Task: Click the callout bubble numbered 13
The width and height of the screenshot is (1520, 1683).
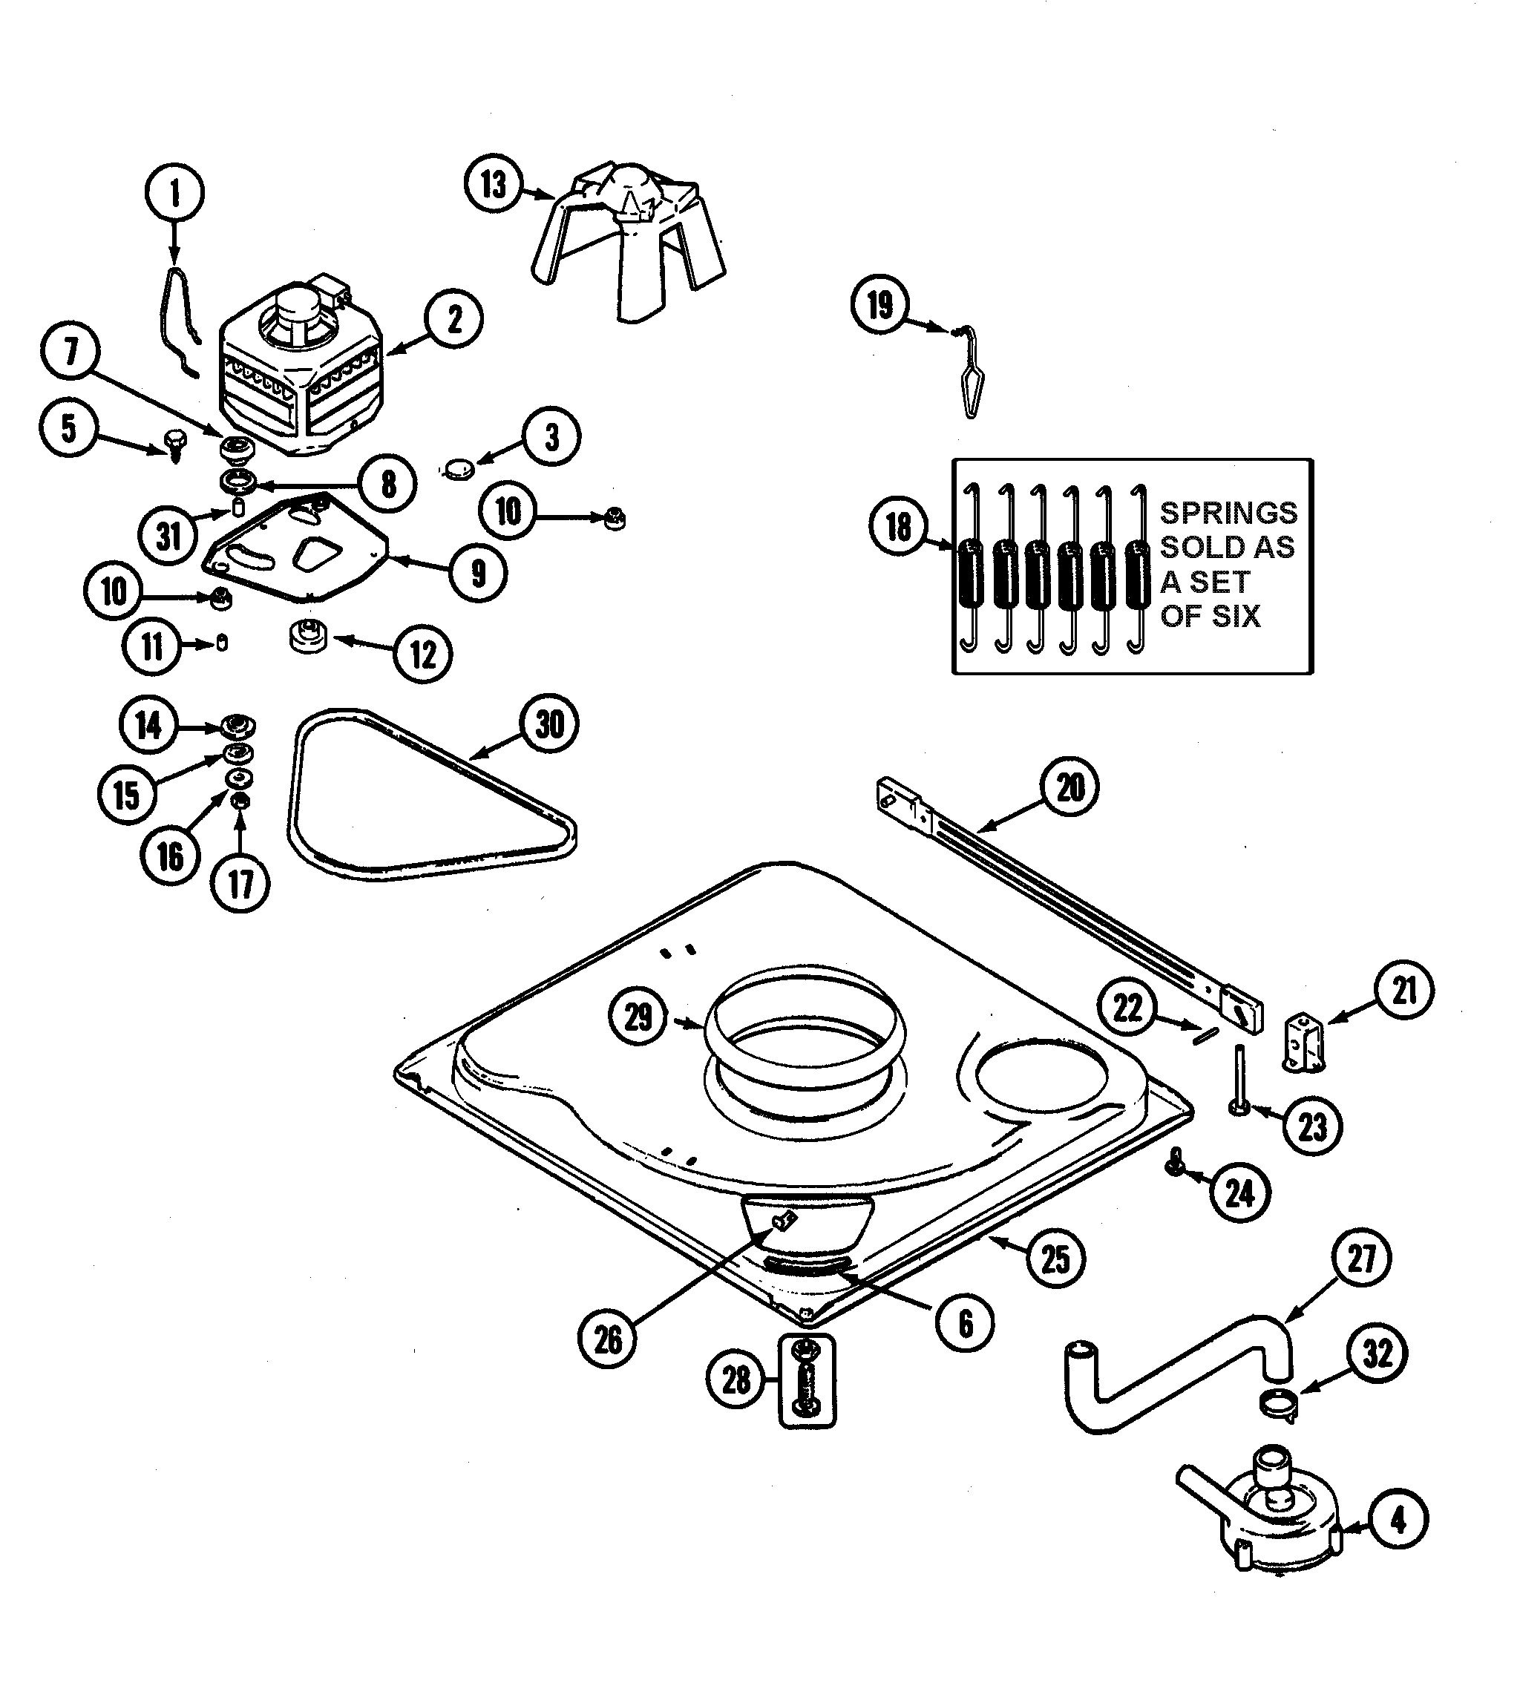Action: [493, 184]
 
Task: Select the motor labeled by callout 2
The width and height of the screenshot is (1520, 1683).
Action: [301, 372]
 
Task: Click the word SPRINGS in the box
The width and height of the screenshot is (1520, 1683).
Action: [1228, 513]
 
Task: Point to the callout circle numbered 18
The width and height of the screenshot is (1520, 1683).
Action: [898, 527]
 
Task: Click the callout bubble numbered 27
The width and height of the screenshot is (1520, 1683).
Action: [1360, 1258]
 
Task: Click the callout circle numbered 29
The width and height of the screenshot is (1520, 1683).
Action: [638, 1017]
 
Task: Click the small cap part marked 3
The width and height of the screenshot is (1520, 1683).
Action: [458, 468]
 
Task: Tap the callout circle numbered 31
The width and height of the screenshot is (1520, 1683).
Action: [168, 536]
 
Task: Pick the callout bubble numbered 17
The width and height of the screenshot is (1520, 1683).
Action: [240, 883]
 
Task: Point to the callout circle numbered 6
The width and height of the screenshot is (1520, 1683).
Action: [965, 1323]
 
